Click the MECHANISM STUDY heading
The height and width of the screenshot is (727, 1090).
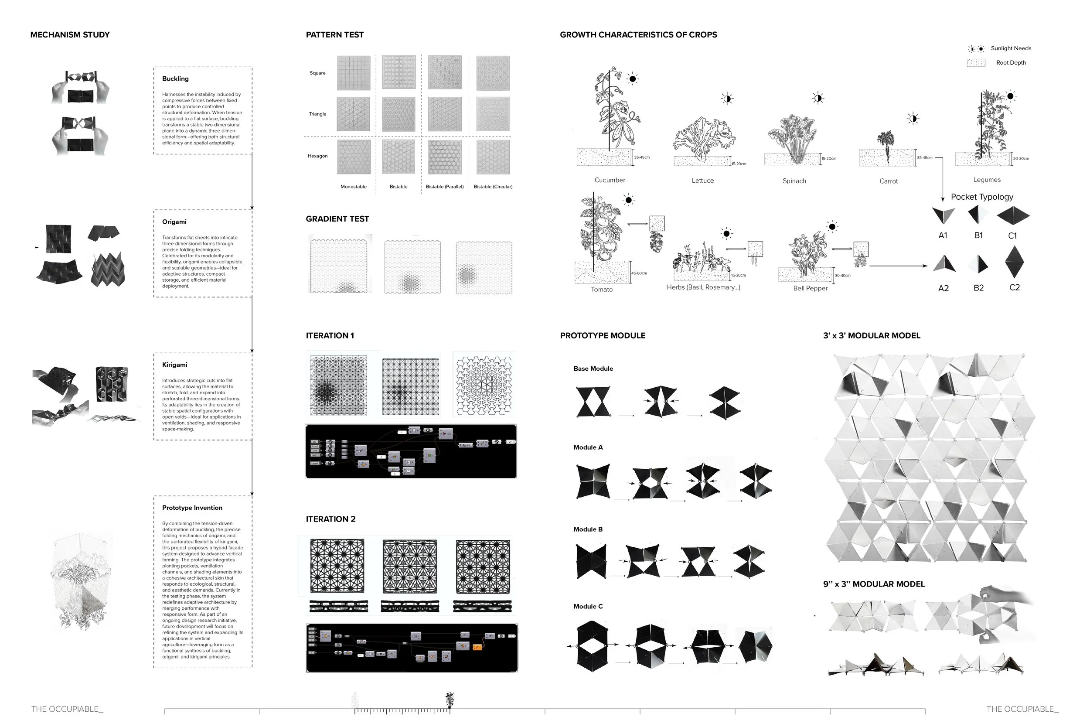click(x=70, y=35)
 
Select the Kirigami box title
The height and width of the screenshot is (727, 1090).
click(x=175, y=365)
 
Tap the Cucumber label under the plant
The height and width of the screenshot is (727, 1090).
click(x=610, y=181)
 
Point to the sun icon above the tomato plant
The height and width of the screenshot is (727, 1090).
click(x=628, y=200)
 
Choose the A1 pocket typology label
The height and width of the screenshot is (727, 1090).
click(x=943, y=236)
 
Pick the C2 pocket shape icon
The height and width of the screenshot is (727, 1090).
click(x=1014, y=262)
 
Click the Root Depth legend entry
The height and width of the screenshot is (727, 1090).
click(x=1010, y=63)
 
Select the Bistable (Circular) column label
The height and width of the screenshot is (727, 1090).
click(x=493, y=187)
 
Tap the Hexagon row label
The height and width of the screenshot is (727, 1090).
click(x=317, y=156)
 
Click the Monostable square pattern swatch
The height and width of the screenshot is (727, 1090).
click(x=354, y=73)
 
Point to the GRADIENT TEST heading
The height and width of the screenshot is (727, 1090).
click(x=337, y=219)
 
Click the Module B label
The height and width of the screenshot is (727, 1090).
click(x=588, y=529)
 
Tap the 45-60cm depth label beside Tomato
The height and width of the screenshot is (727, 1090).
click(x=639, y=273)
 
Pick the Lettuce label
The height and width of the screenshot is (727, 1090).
click(x=702, y=181)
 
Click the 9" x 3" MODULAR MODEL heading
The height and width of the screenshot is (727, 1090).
click(x=874, y=584)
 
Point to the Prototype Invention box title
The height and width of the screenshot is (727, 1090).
click(x=192, y=508)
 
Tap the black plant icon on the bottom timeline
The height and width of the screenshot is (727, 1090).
click(x=449, y=700)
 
